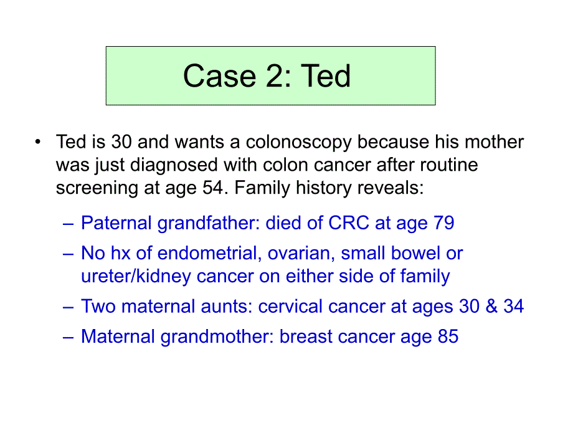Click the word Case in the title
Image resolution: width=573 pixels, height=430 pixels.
(x=219, y=75)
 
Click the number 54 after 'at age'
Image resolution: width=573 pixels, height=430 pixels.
(x=212, y=188)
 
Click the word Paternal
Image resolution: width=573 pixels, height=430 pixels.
(x=116, y=222)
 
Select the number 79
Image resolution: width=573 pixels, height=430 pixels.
(x=443, y=222)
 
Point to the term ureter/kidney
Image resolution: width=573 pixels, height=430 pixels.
(x=136, y=277)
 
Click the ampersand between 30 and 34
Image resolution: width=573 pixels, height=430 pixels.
(x=491, y=307)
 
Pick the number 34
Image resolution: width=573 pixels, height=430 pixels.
(x=513, y=307)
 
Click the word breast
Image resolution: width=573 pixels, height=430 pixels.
(x=306, y=337)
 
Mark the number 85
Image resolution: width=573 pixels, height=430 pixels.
(x=448, y=337)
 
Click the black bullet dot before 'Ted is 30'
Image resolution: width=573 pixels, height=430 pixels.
(x=37, y=141)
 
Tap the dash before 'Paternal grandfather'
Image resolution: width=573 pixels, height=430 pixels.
(x=68, y=224)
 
